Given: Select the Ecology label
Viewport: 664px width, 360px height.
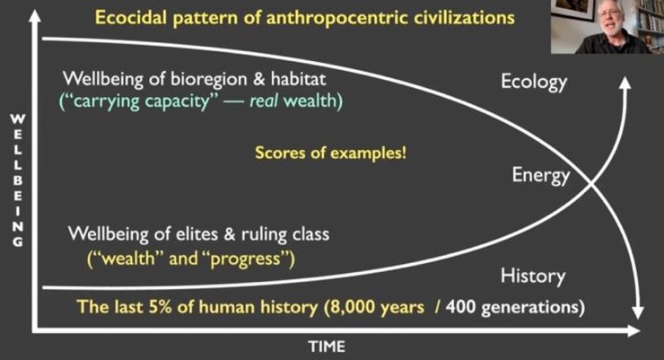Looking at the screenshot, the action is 534,83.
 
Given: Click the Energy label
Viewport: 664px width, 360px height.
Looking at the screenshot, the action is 541,175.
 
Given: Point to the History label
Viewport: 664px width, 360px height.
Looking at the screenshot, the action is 533,277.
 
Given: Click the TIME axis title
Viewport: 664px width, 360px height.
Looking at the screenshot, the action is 327,347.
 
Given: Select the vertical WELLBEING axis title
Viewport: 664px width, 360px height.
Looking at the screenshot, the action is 17,180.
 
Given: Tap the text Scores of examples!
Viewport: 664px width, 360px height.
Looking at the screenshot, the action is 330,153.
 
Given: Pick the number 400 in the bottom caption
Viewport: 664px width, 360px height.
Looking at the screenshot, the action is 461,307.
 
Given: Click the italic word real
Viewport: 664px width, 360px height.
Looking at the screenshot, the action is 264,101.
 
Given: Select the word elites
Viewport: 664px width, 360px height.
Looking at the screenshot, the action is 194,234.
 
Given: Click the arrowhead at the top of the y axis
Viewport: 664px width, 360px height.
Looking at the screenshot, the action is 35,15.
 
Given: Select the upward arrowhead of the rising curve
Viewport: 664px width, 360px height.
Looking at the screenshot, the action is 625,83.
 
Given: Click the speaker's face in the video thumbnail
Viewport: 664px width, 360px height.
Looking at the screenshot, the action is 608,22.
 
